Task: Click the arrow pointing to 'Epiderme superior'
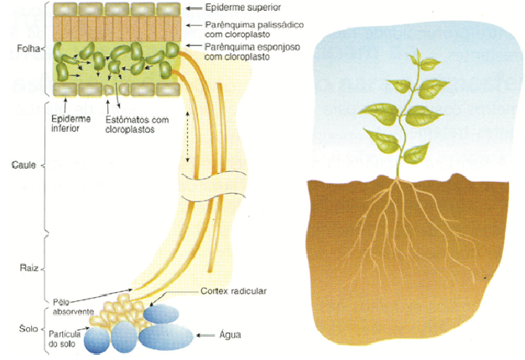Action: (190, 8)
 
